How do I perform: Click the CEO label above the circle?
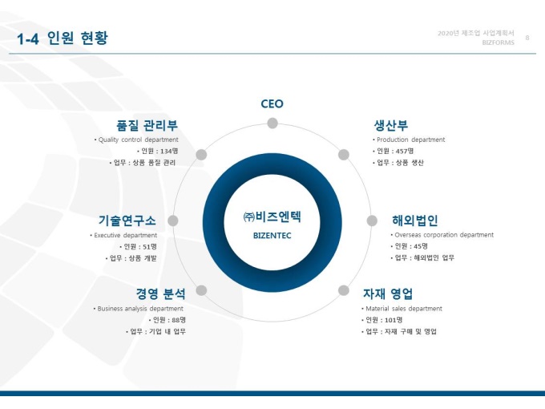272,103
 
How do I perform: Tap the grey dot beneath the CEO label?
272,124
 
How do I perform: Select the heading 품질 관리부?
147,125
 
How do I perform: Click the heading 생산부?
390,125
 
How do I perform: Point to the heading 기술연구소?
127,221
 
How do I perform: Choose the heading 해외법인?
414,221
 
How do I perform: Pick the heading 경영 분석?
160,294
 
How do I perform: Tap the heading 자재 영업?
388,294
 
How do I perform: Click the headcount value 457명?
405,151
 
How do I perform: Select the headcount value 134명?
169,151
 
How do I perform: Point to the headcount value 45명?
421,246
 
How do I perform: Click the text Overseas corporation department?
444,235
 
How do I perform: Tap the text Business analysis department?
140,309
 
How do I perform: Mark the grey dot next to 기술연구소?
173,221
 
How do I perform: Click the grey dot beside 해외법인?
372,221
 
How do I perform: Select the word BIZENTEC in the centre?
272,236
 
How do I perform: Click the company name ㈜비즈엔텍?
272,217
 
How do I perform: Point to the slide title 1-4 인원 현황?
63,38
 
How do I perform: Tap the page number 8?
527,38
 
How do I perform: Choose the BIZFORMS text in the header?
498,43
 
